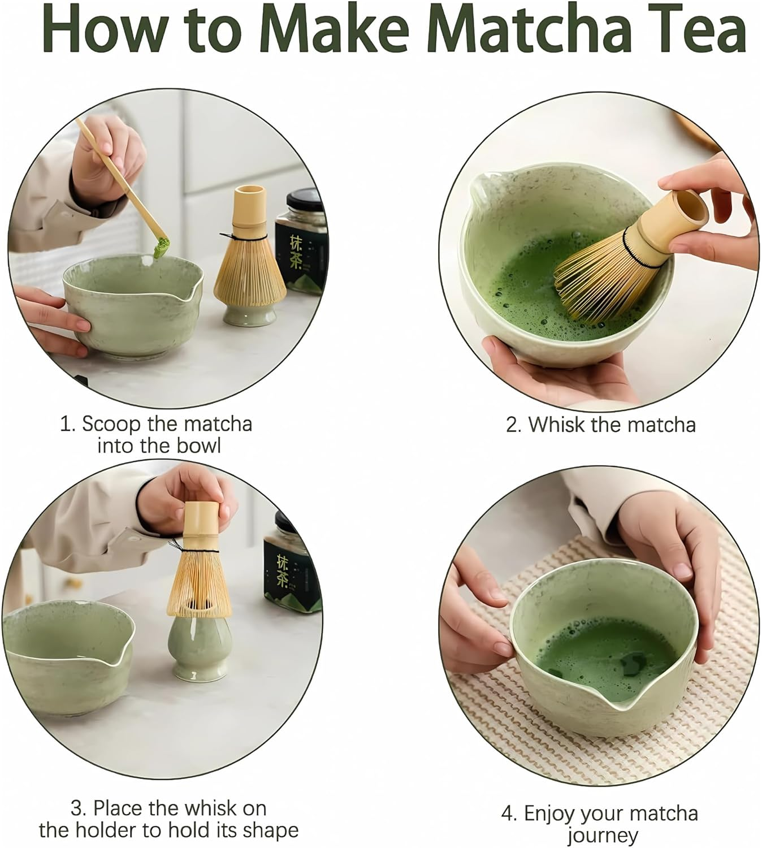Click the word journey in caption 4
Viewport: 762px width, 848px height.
602,836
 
